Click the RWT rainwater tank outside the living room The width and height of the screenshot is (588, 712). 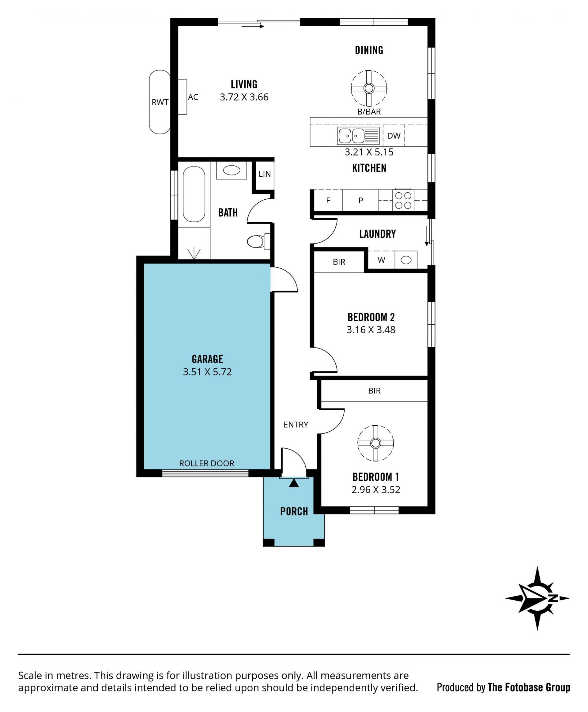click(160, 102)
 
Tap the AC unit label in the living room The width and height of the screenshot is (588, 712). click(193, 97)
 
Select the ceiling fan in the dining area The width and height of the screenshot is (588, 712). click(369, 89)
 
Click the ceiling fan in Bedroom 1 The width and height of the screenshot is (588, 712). click(376, 443)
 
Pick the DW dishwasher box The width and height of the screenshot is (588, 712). click(394, 136)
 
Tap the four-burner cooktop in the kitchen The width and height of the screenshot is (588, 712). click(403, 200)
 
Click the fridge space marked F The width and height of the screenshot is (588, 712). click(328, 200)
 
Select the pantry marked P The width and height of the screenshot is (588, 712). click(361, 200)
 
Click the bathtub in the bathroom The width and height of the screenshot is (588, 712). click(194, 194)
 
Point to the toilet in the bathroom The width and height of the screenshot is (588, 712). click(259, 242)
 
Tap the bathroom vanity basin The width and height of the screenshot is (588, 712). click(232, 170)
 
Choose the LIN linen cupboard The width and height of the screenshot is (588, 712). click(265, 175)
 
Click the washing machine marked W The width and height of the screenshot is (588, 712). click(381, 260)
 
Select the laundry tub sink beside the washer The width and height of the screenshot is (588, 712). click(406, 260)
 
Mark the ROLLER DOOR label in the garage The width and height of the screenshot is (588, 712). click(207, 463)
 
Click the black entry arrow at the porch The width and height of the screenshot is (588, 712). click(294, 483)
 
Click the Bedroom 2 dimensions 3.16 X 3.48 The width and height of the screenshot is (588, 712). click(371, 330)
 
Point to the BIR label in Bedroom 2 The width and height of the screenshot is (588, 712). click(339, 262)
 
